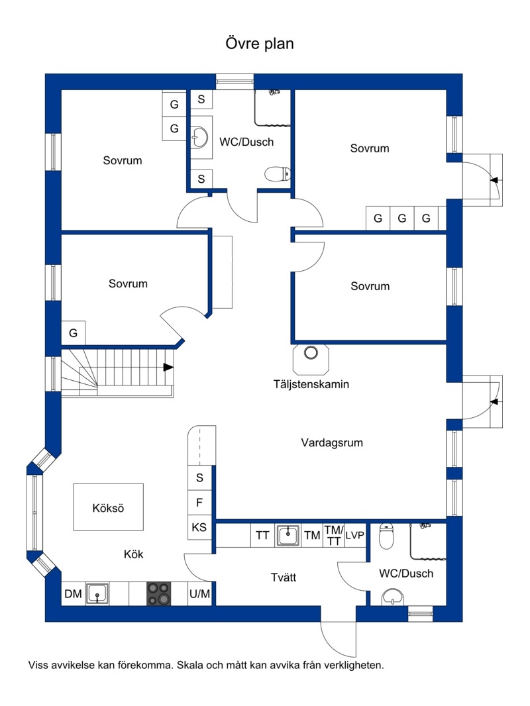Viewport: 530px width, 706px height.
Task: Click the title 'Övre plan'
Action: click(x=260, y=44)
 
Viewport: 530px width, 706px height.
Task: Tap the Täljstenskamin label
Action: click(x=311, y=384)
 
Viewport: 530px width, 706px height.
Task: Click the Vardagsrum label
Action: click(x=332, y=442)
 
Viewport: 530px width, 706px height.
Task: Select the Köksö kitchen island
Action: click(x=109, y=507)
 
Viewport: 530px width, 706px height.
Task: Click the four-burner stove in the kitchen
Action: click(x=159, y=593)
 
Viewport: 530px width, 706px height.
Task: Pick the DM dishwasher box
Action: click(x=73, y=594)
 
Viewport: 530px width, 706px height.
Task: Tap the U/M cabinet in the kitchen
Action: click(x=199, y=594)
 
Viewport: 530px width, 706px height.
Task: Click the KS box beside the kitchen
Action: click(x=199, y=527)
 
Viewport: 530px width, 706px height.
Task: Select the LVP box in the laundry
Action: click(x=355, y=535)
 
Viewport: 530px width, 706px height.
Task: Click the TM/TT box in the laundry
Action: click(x=334, y=535)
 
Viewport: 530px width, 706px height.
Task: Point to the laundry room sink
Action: click(x=288, y=535)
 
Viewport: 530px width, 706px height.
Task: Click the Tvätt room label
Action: click(x=284, y=578)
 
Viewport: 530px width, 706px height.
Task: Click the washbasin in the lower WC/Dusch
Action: click(x=393, y=597)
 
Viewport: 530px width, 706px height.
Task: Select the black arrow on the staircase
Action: click(x=168, y=368)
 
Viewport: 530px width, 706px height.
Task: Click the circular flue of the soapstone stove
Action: click(x=311, y=352)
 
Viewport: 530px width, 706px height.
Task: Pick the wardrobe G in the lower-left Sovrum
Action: click(x=73, y=332)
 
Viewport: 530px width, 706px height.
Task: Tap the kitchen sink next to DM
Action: click(x=97, y=594)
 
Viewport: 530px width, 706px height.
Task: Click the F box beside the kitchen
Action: click(x=199, y=502)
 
